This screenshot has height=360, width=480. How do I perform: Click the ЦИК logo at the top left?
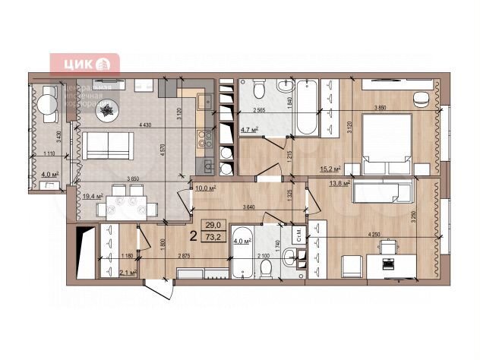click(x=84, y=64)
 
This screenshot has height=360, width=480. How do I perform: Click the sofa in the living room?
click(x=106, y=144)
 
